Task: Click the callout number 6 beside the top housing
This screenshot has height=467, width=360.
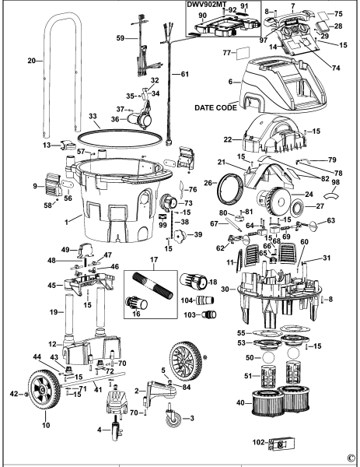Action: [x=230, y=80]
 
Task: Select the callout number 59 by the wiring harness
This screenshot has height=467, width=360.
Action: [x=120, y=37]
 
